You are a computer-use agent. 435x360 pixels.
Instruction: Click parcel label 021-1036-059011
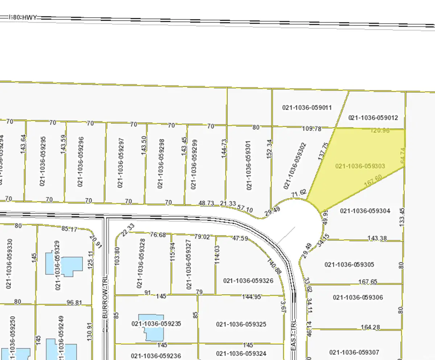coord(307,107)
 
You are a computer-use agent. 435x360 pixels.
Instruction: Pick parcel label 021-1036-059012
coord(373,118)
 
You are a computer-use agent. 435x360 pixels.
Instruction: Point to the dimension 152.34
coord(269,159)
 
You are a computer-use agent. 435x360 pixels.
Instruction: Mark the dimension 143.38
coord(377,238)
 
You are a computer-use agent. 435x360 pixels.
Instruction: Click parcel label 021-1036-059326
coord(248,281)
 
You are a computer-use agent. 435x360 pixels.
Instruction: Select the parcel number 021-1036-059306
coord(357,298)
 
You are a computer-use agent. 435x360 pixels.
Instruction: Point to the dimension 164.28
coord(370,328)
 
